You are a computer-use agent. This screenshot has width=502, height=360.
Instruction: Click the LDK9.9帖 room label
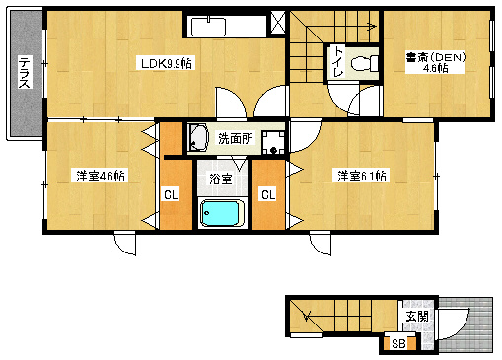[166, 63]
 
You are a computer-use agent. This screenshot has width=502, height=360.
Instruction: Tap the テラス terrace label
[24, 74]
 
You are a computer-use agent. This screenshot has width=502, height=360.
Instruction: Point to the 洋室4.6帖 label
[99, 177]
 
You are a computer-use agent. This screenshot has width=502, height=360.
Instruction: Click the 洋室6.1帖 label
[362, 177]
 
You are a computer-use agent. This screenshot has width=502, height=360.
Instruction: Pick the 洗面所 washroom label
[235, 139]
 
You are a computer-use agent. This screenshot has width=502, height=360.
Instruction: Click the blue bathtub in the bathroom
[222, 212]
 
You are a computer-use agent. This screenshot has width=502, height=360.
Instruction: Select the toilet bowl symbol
[366, 65]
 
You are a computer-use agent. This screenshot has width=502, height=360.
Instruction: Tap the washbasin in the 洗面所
[198, 137]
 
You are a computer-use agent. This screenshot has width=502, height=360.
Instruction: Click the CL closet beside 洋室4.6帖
[171, 194]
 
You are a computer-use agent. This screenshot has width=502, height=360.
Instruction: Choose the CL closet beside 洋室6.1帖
[267, 194]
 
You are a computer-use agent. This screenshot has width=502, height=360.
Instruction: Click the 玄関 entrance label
[416, 317]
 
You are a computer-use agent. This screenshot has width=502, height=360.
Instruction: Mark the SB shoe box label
[398, 343]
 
